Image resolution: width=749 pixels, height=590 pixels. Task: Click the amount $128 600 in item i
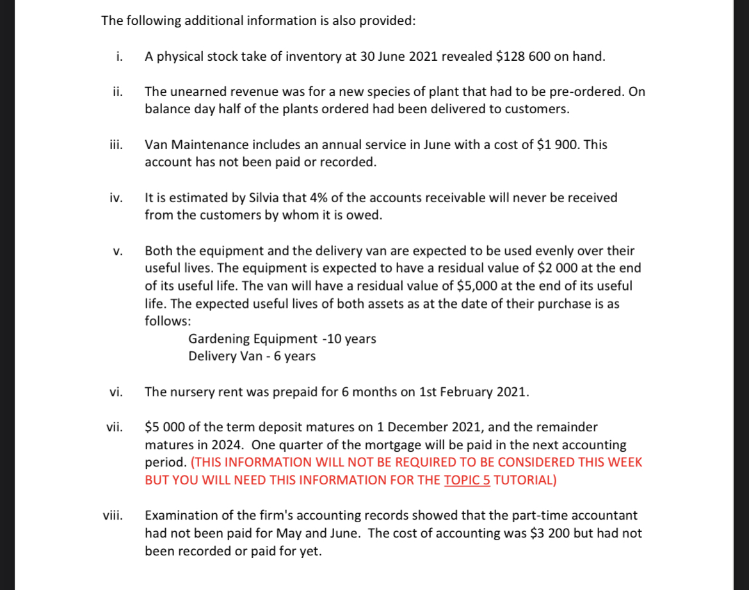522,56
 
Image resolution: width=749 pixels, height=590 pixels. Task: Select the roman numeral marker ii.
118,92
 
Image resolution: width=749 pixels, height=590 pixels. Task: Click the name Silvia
270,198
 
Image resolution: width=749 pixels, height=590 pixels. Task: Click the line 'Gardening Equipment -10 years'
282,339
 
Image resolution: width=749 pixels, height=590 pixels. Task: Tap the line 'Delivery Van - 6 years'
252,356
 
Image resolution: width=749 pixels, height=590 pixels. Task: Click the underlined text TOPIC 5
467,480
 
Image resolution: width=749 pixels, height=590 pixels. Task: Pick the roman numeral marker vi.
117,392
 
